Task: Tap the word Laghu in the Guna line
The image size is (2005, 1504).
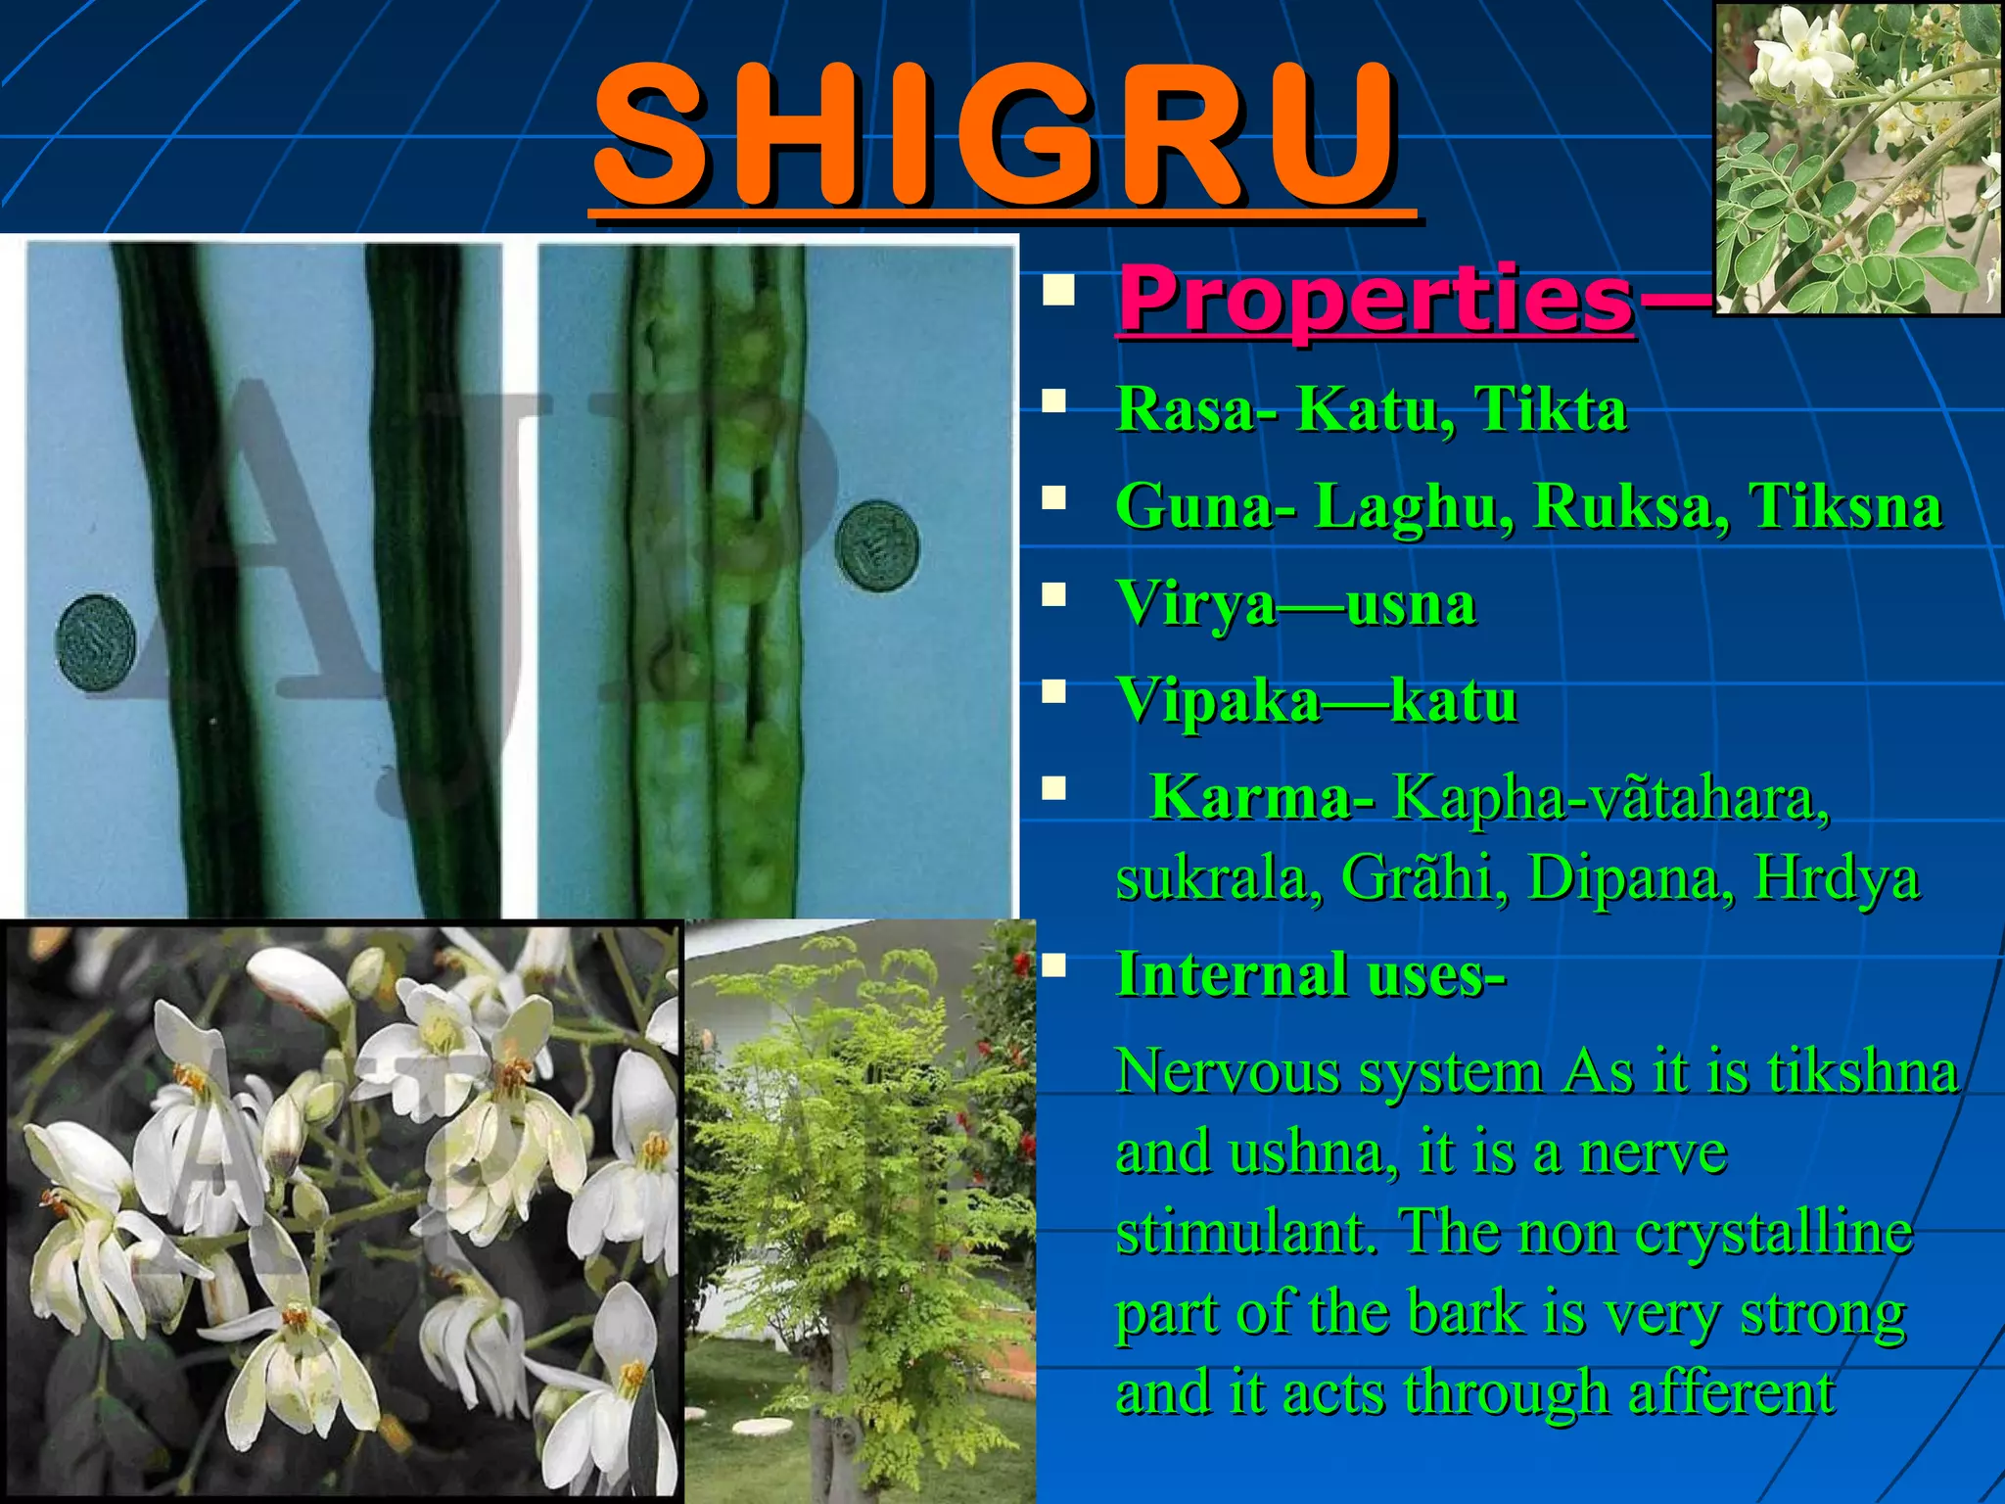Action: (x=1412, y=507)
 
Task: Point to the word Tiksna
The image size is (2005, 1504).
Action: (x=1845, y=506)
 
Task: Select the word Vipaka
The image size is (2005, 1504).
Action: (x=1218, y=701)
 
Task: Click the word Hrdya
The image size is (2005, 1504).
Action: (x=1836, y=878)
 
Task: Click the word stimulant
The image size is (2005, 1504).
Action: (x=1247, y=1232)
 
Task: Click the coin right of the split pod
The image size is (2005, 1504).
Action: (x=877, y=545)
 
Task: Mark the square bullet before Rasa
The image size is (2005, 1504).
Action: (x=1054, y=400)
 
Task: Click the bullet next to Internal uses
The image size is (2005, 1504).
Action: (x=1054, y=967)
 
